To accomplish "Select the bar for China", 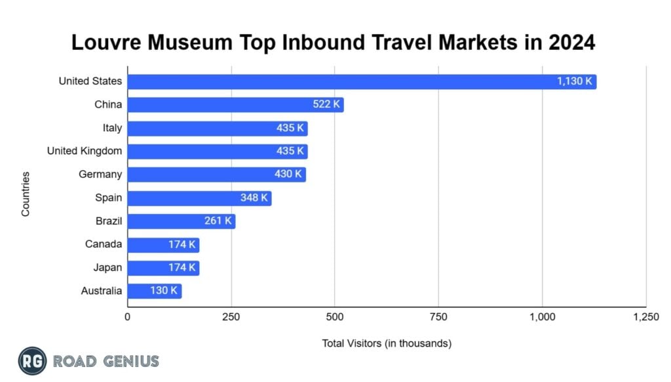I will pyautogui.click(x=235, y=105).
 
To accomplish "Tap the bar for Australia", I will pyautogui.click(x=154, y=291).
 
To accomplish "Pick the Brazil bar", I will pyautogui.click(x=181, y=221).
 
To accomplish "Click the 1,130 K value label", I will pyautogui.click(x=575, y=81).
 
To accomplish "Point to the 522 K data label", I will pyautogui.click(x=326, y=105).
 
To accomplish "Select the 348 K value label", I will pyautogui.click(x=254, y=198).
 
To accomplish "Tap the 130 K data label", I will pyautogui.click(x=164, y=291).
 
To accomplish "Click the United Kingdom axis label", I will pyautogui.click(x=85, y=151).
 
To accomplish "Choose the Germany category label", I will pyautogui.click(x=100, y=174).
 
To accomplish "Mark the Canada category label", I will pyautogui.click(x=104, y=244).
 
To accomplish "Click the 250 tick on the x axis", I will pyautogui.click(x=231, y=317).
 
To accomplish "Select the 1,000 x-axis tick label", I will pyautogui.click(x=542, y=317).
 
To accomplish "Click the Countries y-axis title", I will pyautogui.click(x=26, y=194).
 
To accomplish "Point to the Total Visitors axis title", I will pyautogui.click(x=387, y=343).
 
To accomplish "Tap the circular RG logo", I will pyautogui.click(x=32, y=360).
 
